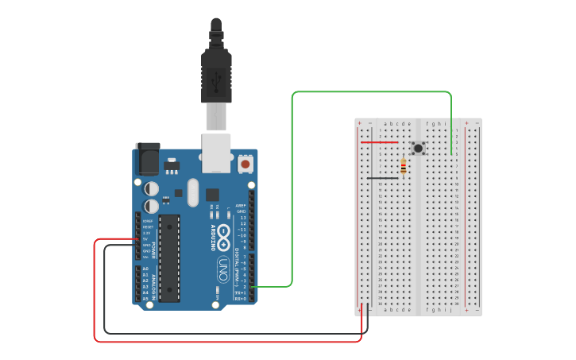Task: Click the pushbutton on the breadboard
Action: (x=418, y=148)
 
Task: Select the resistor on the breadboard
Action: (x=404, y=167)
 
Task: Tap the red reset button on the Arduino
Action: (x=245, y=164)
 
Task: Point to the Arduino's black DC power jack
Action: (x=148, y=160)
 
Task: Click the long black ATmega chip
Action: (x=169, y=258)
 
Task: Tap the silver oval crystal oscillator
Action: (x=192, y=192)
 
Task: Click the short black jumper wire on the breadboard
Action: (x=382, y=178)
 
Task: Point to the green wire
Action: (x=292, y=191)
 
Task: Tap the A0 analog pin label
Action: (x=145, y=269)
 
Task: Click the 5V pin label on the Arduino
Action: (x=145, y=239)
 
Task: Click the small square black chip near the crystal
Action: (x=212, y=194)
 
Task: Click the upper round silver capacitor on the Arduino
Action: (x=151, y=188)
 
